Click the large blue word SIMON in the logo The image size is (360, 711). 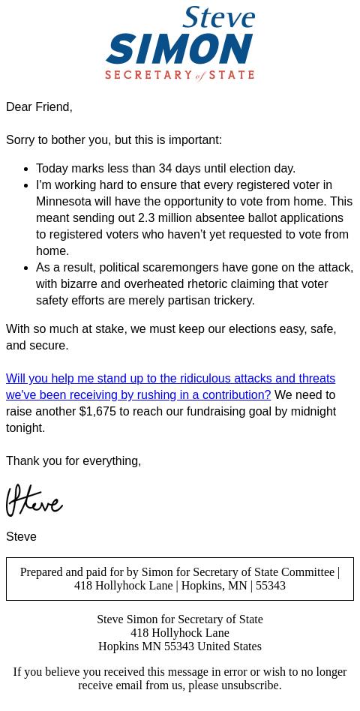pyautogui.click(x=179, y=50)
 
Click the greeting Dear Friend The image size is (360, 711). pyautogui.click(x=39, y=107)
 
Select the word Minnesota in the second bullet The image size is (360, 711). pyautogui.click(x=64, y=202)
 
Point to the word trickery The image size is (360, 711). pyautogui.click(x=230, y=301)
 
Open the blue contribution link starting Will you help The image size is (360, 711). pyautogui.click(x=170, y=379)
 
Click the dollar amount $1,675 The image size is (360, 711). pyautogui.click(x=97, y=412)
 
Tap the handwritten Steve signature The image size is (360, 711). pyautogui.click(x=34, y=501)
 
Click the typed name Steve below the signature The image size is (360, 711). pyautogui.click(x=21, y=537)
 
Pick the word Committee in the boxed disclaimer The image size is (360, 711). pyautogui.click(x=307, y=572)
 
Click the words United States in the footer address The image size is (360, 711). pyautogui.click(x=229, y=646)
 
